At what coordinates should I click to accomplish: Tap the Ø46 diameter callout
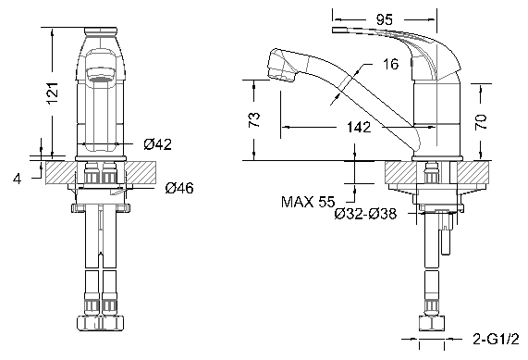pyautogui.click(x=178, y=189)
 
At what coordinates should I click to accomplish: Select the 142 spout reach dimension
pyautogui.click(x=359, y=127)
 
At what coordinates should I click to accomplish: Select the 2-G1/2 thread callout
pyautogui.click(x=497, y=338)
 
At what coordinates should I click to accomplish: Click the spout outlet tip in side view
pyautogui.click(x=273, y=67)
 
